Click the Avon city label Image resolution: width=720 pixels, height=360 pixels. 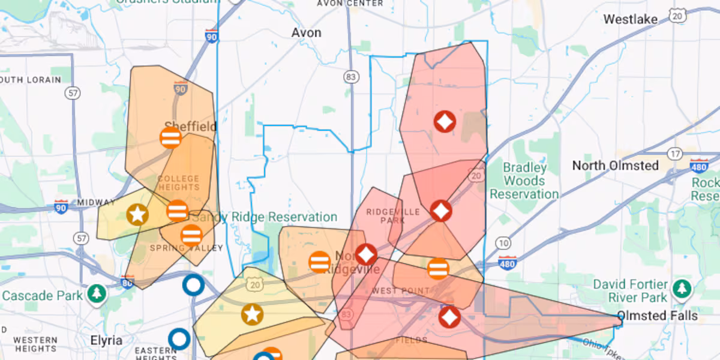pyautogui.click(x=306, y=32)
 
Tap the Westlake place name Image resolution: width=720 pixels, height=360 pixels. pyautogui.click(x=630, y=19)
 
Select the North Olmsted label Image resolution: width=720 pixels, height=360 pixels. pyautogui.click(x=615, y=165)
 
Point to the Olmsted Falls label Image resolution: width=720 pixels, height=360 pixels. pyautogui.click(x=658, y=316)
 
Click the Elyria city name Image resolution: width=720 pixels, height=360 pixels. pyautogui.click(x=106, y=340)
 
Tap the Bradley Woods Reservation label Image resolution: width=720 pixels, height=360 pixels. pyautogui.click(x=524, y=181)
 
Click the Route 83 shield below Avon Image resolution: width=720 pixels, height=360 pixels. pyautogui.click(x=351, y=77)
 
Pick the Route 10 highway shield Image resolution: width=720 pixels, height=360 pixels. pyautogui.click(x=503, y=243)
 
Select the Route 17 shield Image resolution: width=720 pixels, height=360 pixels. pyautogui.click(x=676, y=154)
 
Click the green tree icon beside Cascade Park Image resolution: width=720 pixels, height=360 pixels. pyautogui.click(x=96, y=293)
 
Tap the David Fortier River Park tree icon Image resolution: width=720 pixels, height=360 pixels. pyautogui.click(x=681, y=289)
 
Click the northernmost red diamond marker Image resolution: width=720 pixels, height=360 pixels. pyautogui.click(x=445, y=122)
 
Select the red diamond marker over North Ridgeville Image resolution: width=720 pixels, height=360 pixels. pyautogui.click(x=365, y=254)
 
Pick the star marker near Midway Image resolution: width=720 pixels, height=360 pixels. pyautogui.click(x=137, y=214)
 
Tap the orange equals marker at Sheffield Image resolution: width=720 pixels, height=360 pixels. pyautogui.click(x=171, y=137)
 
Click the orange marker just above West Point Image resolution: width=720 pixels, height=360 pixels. pyautogui.click(x=439, y=268)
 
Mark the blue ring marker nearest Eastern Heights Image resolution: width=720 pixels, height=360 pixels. pyautogui.click(x=179, y=339)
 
